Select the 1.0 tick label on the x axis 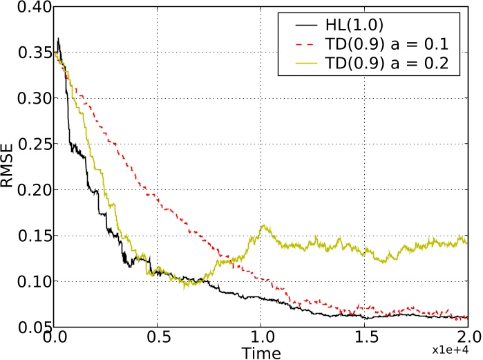coord(261,340)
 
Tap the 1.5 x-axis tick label coord(365,340)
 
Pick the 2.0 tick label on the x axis coord(468,340)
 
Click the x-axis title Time coord(261,353)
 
